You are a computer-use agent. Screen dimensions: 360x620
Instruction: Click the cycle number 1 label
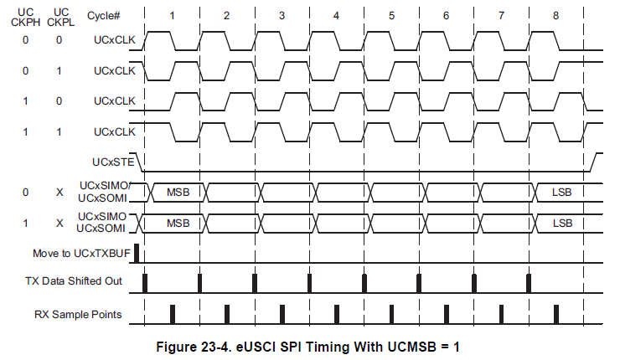coord(172,16)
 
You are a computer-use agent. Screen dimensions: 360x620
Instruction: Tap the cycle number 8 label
coord(556,16)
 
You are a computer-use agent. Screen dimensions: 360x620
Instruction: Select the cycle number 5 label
coord(391,16)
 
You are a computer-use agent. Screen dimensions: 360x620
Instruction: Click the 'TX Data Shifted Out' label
coord(76,281)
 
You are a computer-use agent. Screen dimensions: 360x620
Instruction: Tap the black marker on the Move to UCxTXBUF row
coord(137,252)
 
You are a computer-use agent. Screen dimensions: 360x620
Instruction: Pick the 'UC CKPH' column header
coord(25,16)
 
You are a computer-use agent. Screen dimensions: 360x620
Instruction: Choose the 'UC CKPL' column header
coord(59,16)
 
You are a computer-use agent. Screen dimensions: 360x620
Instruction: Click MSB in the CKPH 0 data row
coord(178,192)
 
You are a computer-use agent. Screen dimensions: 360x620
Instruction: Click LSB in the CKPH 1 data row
coord(562,223)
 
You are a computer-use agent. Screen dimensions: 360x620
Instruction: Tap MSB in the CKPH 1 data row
coord(178,223)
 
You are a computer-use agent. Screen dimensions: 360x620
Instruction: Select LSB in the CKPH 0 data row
coord(562,192)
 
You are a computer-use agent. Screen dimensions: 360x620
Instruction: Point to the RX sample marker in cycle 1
coord(173,313)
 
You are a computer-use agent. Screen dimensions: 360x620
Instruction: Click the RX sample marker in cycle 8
coord(556,313)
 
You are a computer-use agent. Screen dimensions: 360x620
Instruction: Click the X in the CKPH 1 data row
coord(59,223)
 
